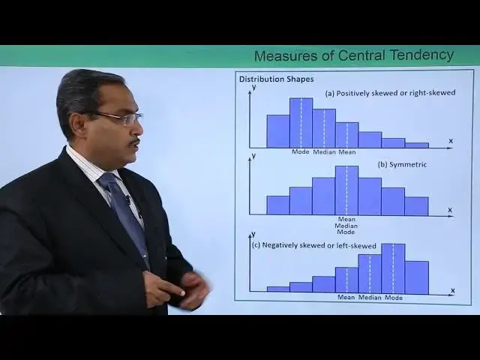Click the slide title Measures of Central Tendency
353,55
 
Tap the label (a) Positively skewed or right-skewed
390,94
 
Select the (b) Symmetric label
403,164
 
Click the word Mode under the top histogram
301,152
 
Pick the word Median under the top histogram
324,152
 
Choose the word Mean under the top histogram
346,152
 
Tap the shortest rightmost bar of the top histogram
416,145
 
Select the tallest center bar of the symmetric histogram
346,190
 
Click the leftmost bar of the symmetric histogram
277,205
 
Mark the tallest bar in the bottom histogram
392,268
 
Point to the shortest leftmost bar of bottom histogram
277,289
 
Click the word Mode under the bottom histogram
393,298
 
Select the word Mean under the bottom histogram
346,298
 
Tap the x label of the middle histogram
450,210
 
